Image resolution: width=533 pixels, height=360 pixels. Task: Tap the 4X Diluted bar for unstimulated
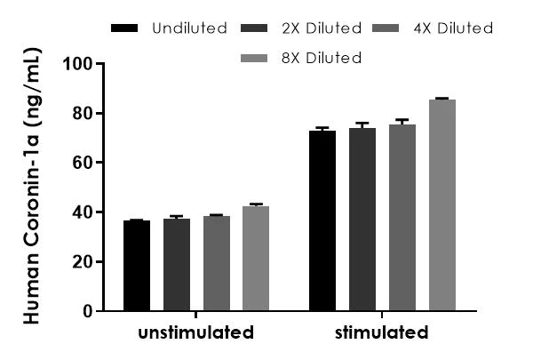[217, 263]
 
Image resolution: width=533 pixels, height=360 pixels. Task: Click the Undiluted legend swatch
[124, 28]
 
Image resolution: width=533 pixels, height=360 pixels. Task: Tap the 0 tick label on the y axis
[88, 311]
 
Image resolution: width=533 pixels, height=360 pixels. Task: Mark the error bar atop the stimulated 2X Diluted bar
[362, 125]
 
